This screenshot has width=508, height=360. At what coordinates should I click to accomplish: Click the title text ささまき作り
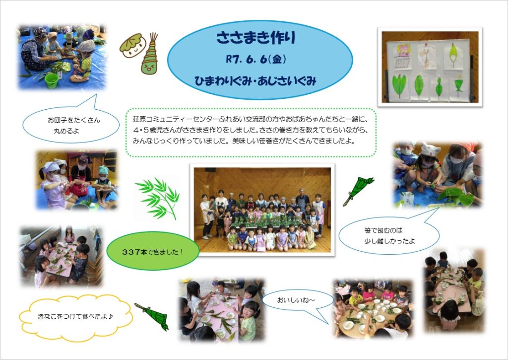pos(255,37)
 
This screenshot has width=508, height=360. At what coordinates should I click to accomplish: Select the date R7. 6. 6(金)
pos(255,60)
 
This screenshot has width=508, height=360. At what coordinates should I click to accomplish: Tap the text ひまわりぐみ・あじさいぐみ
pos(255,81)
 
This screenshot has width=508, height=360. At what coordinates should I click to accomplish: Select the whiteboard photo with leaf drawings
pos(430,67)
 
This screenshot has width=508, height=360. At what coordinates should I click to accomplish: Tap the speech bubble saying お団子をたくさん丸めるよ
pos(71,123)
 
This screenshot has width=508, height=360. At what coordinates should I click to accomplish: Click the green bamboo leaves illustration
pos(158,198)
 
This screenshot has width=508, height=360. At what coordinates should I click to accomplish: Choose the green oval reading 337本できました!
pos(153,251)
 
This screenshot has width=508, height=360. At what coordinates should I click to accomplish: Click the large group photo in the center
pos(262,210)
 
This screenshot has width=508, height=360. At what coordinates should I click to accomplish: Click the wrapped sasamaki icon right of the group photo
pos(358,191)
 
